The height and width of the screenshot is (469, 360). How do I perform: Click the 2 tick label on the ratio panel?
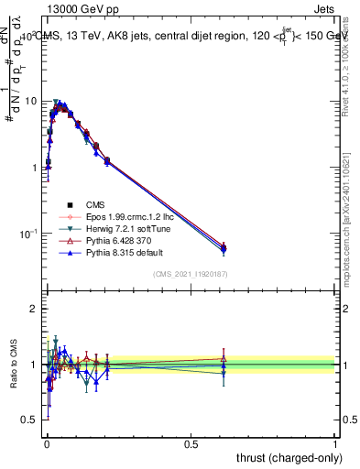34,309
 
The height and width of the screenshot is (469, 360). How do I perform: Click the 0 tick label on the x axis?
46,443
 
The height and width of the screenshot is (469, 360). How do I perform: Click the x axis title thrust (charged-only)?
286,457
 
